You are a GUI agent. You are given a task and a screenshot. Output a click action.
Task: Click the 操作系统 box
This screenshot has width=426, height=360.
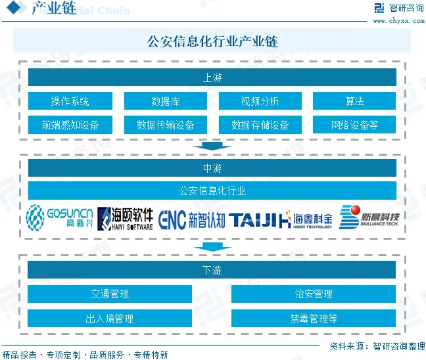[70, 101]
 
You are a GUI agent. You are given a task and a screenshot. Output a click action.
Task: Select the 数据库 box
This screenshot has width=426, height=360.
[166, 101]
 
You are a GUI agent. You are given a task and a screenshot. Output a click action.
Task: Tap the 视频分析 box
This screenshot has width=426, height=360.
[260, 101]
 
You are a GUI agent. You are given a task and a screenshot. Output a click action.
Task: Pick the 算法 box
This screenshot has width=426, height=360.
[354, 101]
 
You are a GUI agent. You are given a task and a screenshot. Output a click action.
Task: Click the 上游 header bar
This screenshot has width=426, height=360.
[212, 78]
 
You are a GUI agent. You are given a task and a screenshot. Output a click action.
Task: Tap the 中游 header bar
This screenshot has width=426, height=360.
[212, 168]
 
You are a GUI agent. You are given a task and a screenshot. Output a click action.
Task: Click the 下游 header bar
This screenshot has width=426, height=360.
[212, 270]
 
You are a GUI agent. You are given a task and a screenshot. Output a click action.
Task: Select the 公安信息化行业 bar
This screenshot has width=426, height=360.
[212, 191]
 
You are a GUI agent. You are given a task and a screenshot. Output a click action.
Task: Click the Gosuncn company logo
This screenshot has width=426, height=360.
[60, 218]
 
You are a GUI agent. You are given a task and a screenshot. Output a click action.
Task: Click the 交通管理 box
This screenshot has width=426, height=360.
[110, 294]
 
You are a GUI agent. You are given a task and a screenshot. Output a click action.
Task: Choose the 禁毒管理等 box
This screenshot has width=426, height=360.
[314, 319]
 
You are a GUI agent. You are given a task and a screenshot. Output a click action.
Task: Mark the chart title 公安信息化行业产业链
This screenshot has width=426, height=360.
[212, 41]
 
